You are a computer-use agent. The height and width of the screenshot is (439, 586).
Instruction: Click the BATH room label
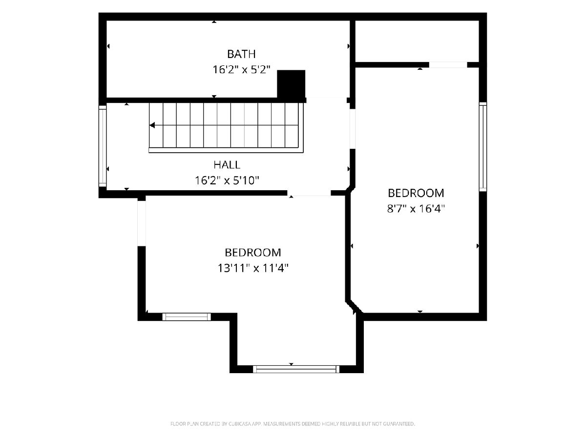coord(241,54)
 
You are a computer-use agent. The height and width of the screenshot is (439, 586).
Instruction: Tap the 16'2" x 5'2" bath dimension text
coord(241,70)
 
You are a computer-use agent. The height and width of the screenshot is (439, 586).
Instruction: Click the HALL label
coord(227,165)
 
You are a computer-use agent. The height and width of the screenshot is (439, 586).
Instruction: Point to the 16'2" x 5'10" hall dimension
coord(227,180)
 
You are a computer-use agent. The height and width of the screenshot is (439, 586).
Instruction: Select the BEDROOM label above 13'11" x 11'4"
coord(252,252)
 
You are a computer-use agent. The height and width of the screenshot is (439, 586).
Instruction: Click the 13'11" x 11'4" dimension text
coord(252,268)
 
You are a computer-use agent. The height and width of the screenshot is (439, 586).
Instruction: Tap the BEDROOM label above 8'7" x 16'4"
coord(416,193)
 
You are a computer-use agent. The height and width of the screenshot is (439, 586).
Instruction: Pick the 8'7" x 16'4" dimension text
coord(416,208)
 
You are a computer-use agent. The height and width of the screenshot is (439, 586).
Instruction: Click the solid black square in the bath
coord(291,84)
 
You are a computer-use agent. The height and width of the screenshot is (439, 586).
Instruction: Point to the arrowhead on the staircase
coord(152,125)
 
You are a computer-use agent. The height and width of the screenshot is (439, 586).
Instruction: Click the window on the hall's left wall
coord(103,146)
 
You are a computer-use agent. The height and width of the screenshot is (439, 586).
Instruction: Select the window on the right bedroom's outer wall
coord(482,147)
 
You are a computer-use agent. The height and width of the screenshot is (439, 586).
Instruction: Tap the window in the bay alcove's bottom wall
coord(296,369)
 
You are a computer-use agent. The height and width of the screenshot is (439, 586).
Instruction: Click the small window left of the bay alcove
coord(187,317)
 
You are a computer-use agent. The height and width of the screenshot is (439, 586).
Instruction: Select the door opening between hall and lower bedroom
coord(309,193)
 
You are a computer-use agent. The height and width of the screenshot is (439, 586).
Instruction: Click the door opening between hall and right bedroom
coord(353,129)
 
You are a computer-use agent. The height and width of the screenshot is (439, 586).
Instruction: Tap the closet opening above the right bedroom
coord(448,65)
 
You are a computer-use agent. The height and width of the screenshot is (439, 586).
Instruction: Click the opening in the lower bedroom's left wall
coord(142,223)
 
